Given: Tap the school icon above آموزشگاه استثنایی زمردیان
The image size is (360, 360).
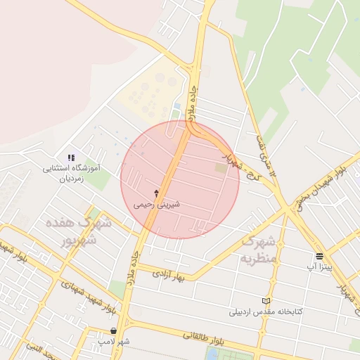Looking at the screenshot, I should (70, 157).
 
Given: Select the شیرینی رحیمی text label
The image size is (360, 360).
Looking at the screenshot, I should (157, 205).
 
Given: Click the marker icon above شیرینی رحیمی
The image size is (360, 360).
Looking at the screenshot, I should (156, 193).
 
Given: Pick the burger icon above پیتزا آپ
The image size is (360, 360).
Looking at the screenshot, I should (320, 256).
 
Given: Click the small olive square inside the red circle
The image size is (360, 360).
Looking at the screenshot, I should (221, 168).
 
